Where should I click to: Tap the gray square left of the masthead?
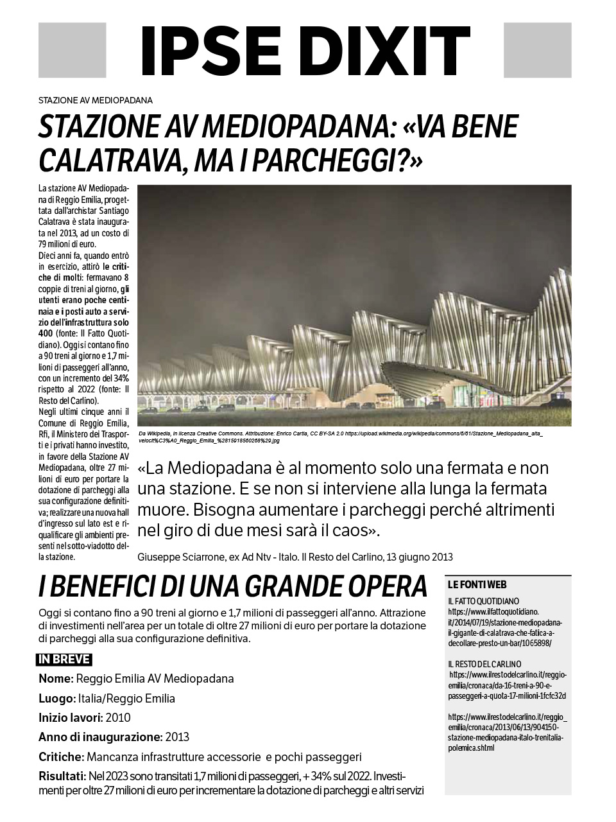pos(72,50)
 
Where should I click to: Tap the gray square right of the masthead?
pos(537,50)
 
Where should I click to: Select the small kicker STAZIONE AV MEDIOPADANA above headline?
pos(95,100)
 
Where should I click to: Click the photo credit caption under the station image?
pos(340,437)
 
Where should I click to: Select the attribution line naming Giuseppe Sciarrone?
pos(295,557)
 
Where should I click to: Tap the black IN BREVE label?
pos(64,660)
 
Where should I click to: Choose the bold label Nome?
pos(56,679)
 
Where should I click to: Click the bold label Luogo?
pos(57,698)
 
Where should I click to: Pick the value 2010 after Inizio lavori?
pos(118,717)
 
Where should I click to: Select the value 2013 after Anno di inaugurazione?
pos(177,737)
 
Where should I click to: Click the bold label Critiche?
pos(61,756)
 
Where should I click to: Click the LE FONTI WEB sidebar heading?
pos(477,585)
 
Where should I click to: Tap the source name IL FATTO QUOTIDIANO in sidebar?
pos(484,601)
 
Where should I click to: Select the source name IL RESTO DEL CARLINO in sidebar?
pos(484,664)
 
